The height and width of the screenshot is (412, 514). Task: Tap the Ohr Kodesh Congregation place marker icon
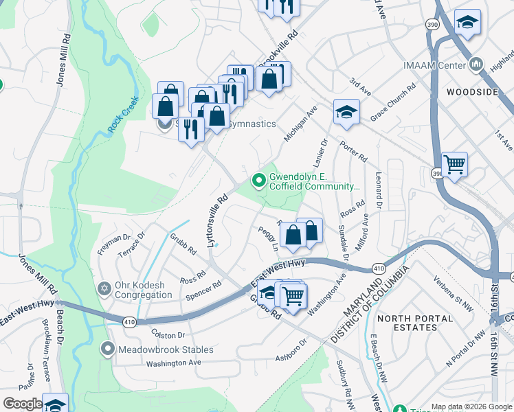(x=104, y=288)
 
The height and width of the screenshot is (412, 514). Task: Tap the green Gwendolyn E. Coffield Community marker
(x=259, y=181)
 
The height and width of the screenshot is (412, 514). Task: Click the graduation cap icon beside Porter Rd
(x=346, y=111)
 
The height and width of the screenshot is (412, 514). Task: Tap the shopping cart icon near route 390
(x=454, y=164)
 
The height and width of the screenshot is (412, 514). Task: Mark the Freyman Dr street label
(x=114, y=244)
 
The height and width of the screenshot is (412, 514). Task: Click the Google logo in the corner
(x=22, y=404)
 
